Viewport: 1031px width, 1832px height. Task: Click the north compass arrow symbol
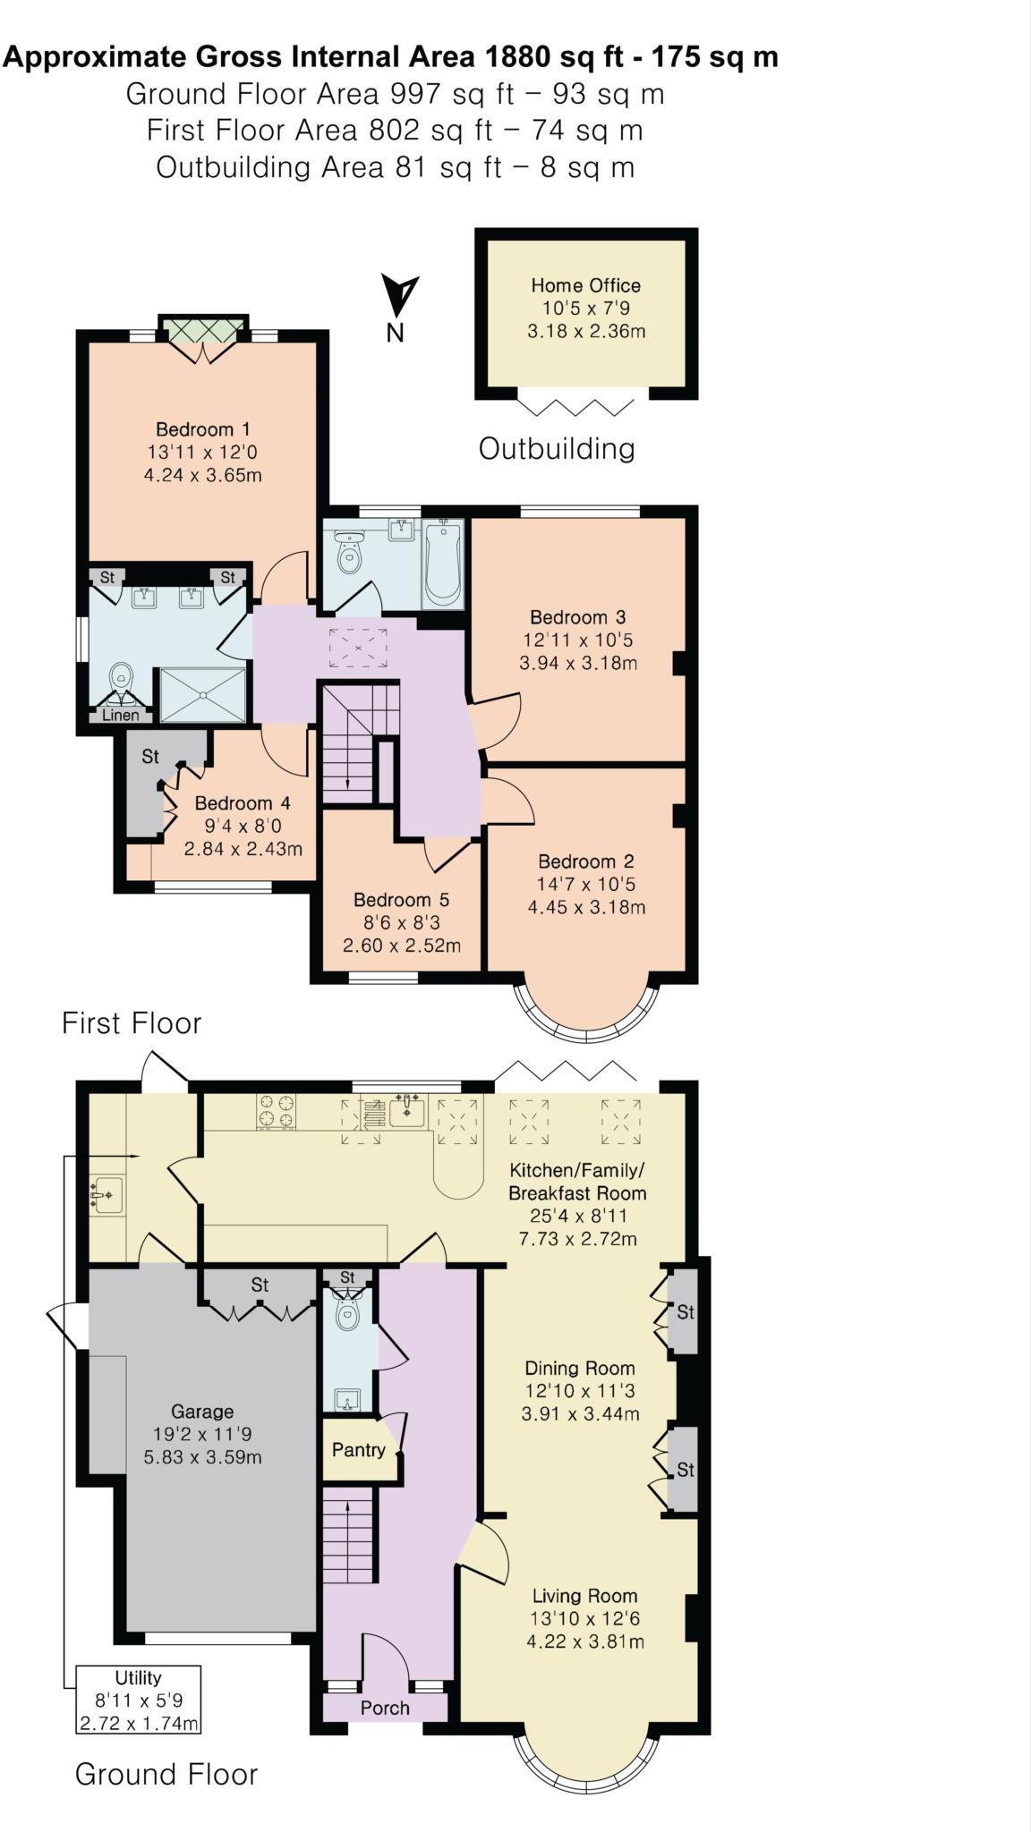coord(399,294)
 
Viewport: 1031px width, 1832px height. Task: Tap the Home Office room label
coord(585,285)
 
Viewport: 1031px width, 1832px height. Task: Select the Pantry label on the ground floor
coord(358,1450)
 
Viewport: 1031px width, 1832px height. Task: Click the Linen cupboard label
coord(121,715)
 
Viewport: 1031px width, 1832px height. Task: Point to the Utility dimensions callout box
coord(138,1700)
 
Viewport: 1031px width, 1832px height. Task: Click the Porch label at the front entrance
coord(385,1708)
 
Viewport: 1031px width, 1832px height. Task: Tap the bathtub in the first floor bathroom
coord(443,564)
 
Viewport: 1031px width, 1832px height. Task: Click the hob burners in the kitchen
coord(277,1111)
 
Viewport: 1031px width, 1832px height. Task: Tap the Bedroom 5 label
coord(401,900)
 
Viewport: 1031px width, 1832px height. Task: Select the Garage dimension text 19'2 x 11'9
coord(202,1434)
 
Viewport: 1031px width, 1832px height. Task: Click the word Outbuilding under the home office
coord(557,448)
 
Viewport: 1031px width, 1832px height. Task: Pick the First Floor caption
coord(132,1023)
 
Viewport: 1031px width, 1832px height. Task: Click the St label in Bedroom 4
coord(150,757)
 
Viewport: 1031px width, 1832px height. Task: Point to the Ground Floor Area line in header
coord(395,94)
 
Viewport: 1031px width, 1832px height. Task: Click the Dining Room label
coord(579,1368)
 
